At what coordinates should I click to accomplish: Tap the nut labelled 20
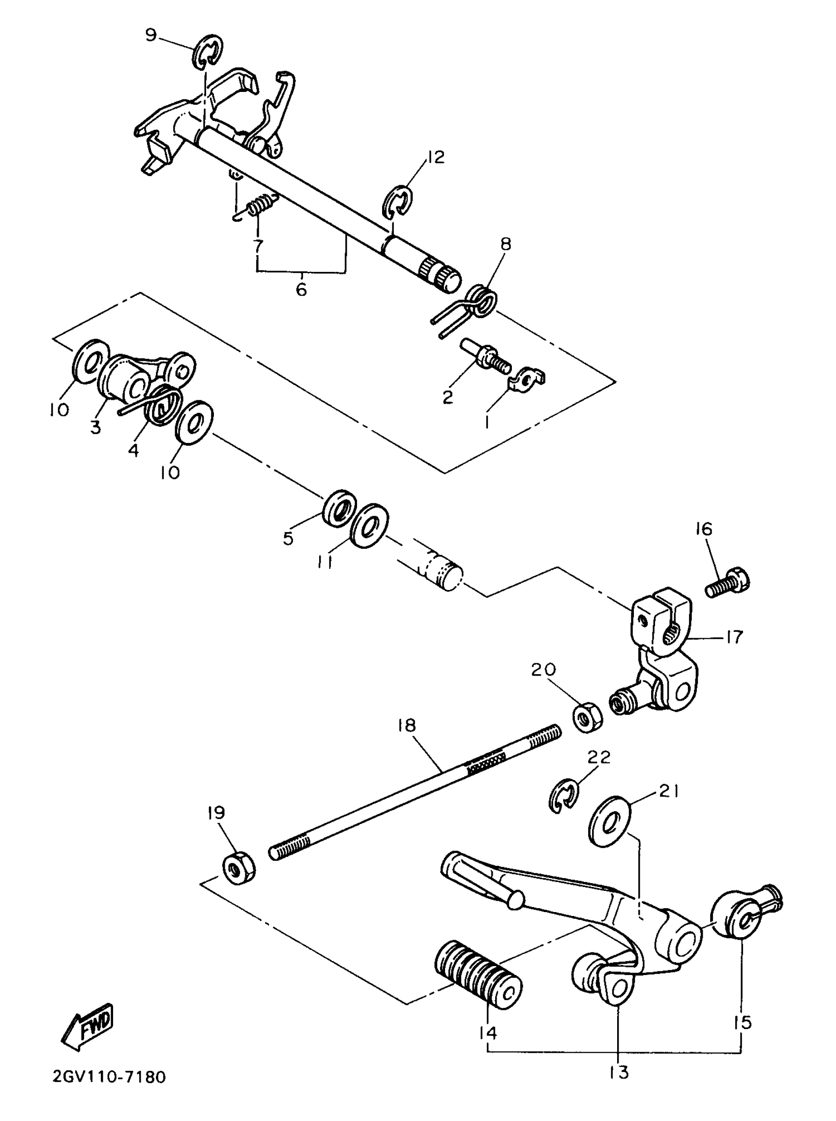pos(588,716)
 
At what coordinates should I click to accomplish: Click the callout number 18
pos(406,726)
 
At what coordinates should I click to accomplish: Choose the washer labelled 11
pos(369,524)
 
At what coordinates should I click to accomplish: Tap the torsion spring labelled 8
pos(478,301)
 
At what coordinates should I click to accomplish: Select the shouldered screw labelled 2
pos(486,358)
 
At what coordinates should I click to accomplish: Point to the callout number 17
pos(734,636)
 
